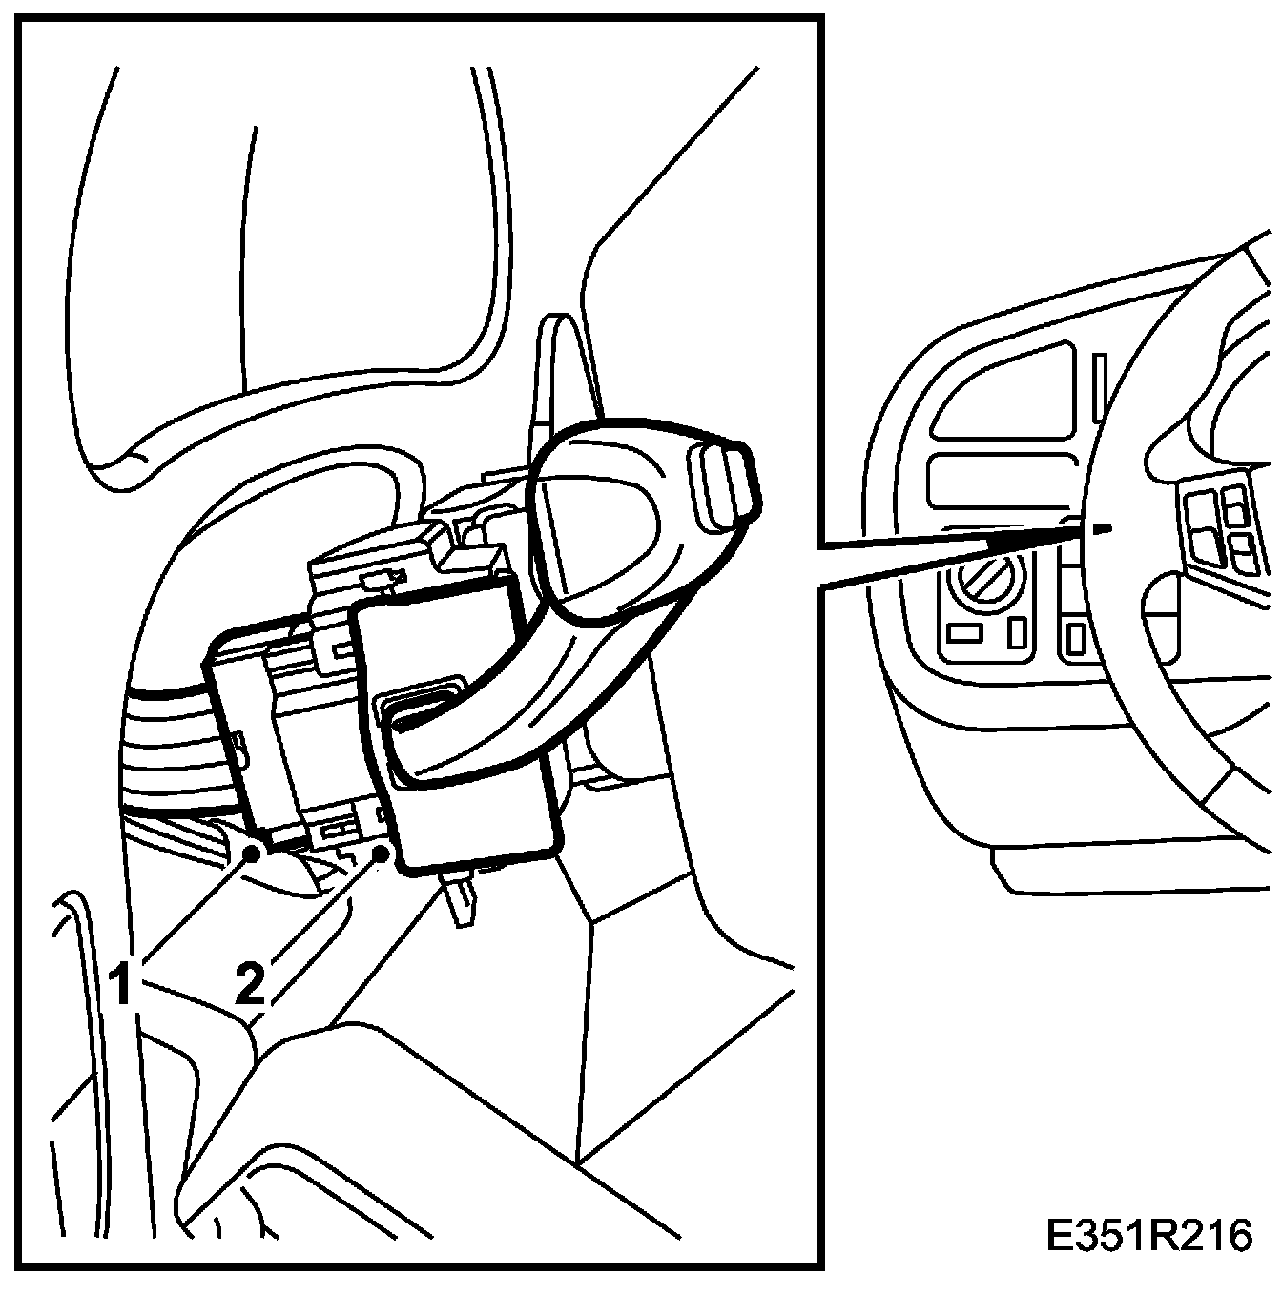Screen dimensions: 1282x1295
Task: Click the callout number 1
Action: point(121,985)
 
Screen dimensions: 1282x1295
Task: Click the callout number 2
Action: point(249,983)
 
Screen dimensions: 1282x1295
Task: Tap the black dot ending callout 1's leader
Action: point(254,852)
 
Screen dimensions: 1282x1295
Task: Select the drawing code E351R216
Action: point(1148,1235)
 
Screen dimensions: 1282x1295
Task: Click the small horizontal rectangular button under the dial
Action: point(964,632)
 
